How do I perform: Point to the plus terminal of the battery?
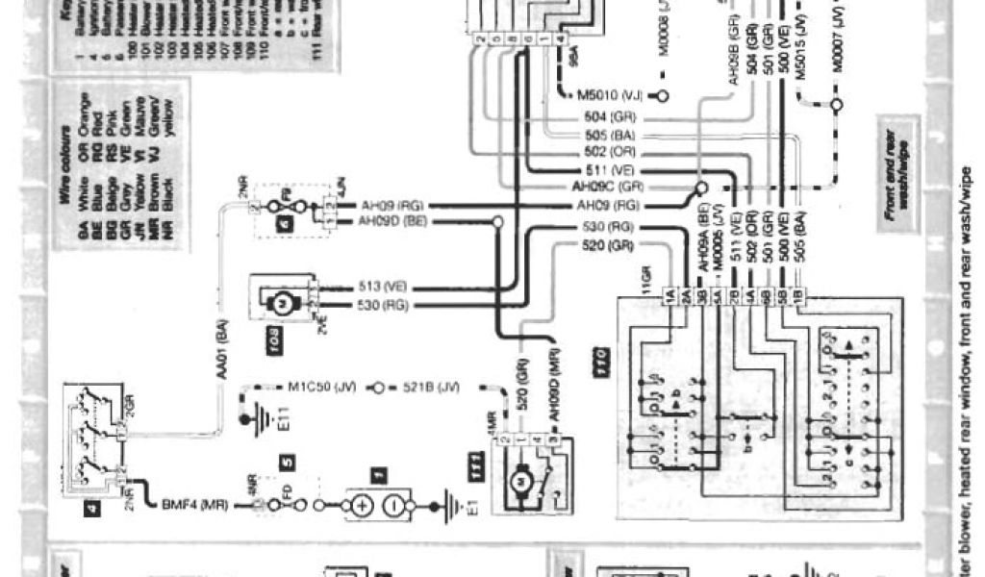(362, 506)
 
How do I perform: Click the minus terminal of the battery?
(393, 506)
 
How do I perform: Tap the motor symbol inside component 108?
(283, 301)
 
